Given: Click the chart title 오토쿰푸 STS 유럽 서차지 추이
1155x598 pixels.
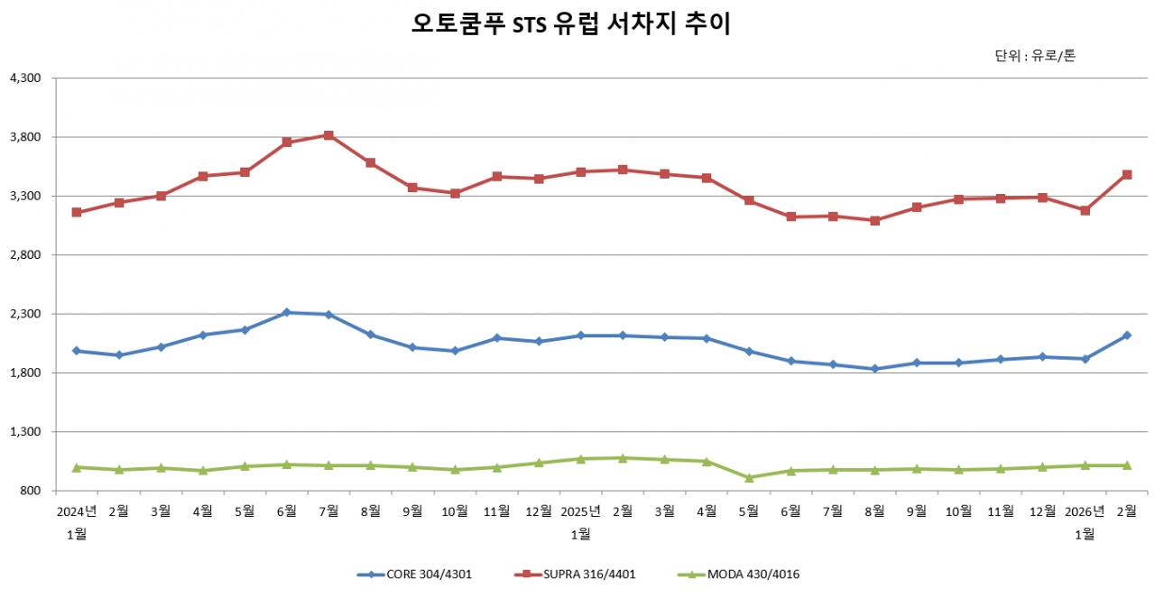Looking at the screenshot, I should coord(570,24).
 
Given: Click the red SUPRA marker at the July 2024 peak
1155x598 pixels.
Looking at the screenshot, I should coord(328,135).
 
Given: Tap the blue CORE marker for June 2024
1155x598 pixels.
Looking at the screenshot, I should coord(287,312).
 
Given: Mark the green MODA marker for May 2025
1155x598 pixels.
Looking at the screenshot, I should coord(749,477).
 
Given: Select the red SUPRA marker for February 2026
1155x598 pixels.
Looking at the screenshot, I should coord(1127,174).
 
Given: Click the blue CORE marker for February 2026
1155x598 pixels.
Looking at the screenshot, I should coord(1127,336).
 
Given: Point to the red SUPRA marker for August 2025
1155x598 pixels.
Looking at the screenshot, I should coord(874,220).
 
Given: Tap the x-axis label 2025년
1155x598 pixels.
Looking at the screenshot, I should coord(580,511).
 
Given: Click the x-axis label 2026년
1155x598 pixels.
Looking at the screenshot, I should coord(1085,511).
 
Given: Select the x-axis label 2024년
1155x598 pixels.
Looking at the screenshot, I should coord(77,511).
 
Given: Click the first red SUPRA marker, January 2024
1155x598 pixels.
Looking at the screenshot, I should coord(77,212).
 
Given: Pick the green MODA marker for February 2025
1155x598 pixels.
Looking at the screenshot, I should coord(623,458).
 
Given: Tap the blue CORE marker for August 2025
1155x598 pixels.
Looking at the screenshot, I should coord(874,369).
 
